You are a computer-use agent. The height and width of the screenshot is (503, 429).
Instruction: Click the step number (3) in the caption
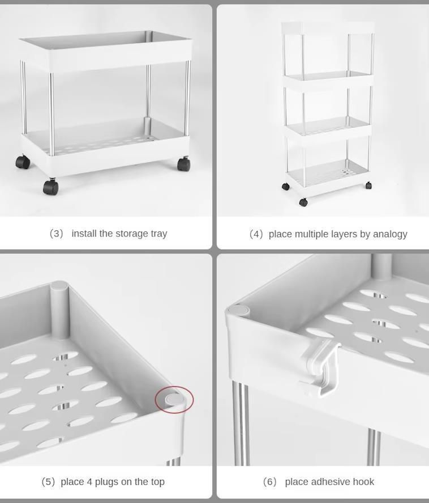pos(57,234)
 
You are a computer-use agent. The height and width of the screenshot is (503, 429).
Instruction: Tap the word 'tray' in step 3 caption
pos(159,234)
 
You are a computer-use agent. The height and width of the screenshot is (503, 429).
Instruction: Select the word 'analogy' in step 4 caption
pos(390,235)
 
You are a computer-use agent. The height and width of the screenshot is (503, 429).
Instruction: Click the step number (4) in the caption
pos(256,234)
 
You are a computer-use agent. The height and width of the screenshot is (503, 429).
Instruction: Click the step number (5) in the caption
pos(48,481)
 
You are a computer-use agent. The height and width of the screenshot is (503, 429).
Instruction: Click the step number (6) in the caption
pos(269,481)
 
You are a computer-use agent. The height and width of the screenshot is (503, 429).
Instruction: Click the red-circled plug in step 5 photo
pos(174,400)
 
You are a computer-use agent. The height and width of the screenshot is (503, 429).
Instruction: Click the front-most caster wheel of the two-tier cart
pos(51,187)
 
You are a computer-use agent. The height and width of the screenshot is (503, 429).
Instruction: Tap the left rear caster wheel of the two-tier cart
pos(23,162)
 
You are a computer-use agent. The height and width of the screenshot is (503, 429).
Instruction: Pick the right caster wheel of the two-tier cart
pos(184,164)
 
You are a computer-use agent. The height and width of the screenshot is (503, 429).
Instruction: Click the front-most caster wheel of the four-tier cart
pos(303,202)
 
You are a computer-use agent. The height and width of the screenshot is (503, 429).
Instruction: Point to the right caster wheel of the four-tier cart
pos(368,185)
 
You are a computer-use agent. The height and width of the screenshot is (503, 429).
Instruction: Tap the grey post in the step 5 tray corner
pos(59,310)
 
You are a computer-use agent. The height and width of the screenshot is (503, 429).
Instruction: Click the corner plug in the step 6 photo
pos(237,311)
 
